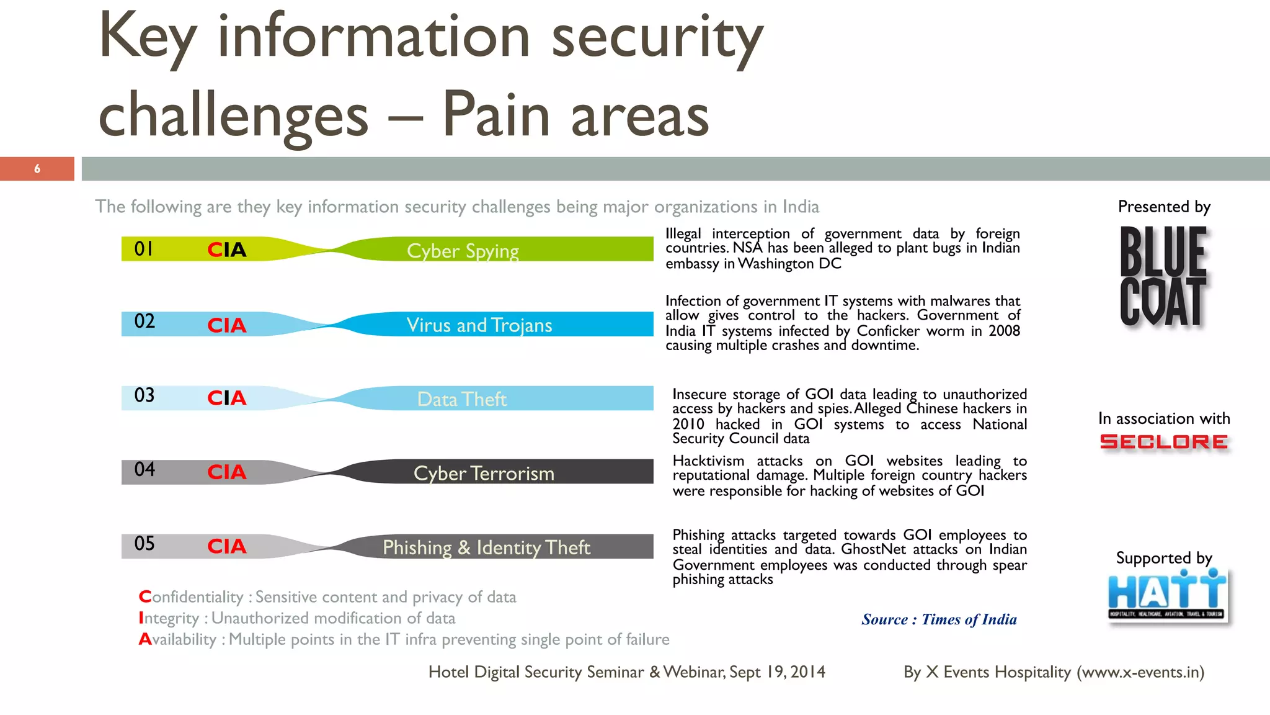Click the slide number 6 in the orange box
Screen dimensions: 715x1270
[x=37, y=169]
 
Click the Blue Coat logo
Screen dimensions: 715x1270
[x=1163, y=276]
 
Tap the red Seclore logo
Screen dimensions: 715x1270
[x=1163, y=442]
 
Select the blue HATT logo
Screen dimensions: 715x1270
[x=1167, y=595]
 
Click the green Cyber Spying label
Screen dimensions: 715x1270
[x=463, y=251]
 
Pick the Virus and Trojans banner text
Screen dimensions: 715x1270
[x=479, y=325]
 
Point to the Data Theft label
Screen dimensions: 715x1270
[x=461, y=399]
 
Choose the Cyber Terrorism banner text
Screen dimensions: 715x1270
[x=484, y=474]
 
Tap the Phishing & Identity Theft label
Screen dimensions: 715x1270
[x=486, y=547]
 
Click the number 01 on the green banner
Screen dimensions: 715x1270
[x=144, y=249]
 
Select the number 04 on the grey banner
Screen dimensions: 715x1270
[x=144, y=469]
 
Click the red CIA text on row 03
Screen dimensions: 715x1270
[x=226, y=398]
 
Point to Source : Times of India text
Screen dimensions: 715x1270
[x=939, y=619]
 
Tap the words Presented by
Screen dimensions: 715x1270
[x=1164, y=207]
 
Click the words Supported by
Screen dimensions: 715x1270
[x=1164, y=558]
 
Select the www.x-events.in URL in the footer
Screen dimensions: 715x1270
[x=1140, y=672]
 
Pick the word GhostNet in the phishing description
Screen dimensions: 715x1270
[x=873, y=549]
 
